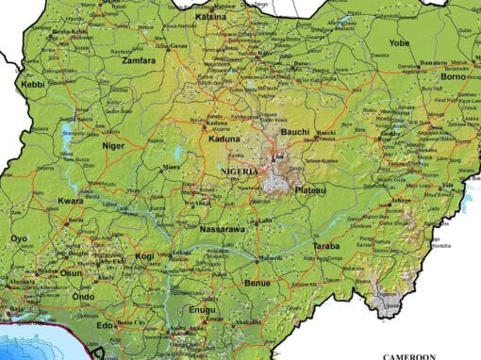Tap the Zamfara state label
point(139,59)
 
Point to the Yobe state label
point(400,42)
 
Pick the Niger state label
point(113,145)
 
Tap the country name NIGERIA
point(240,172)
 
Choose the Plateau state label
point(310,190)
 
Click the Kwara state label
point(71,201)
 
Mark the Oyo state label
point(19,238)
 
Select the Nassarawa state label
point(223,229)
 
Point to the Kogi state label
point(144,255)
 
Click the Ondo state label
point(84,296)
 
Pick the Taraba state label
point(326,246)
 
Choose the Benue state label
point(257,282)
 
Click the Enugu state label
point(202,308)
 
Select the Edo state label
point(105,325)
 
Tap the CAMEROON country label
point(408,355)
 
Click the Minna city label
point(171,167)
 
